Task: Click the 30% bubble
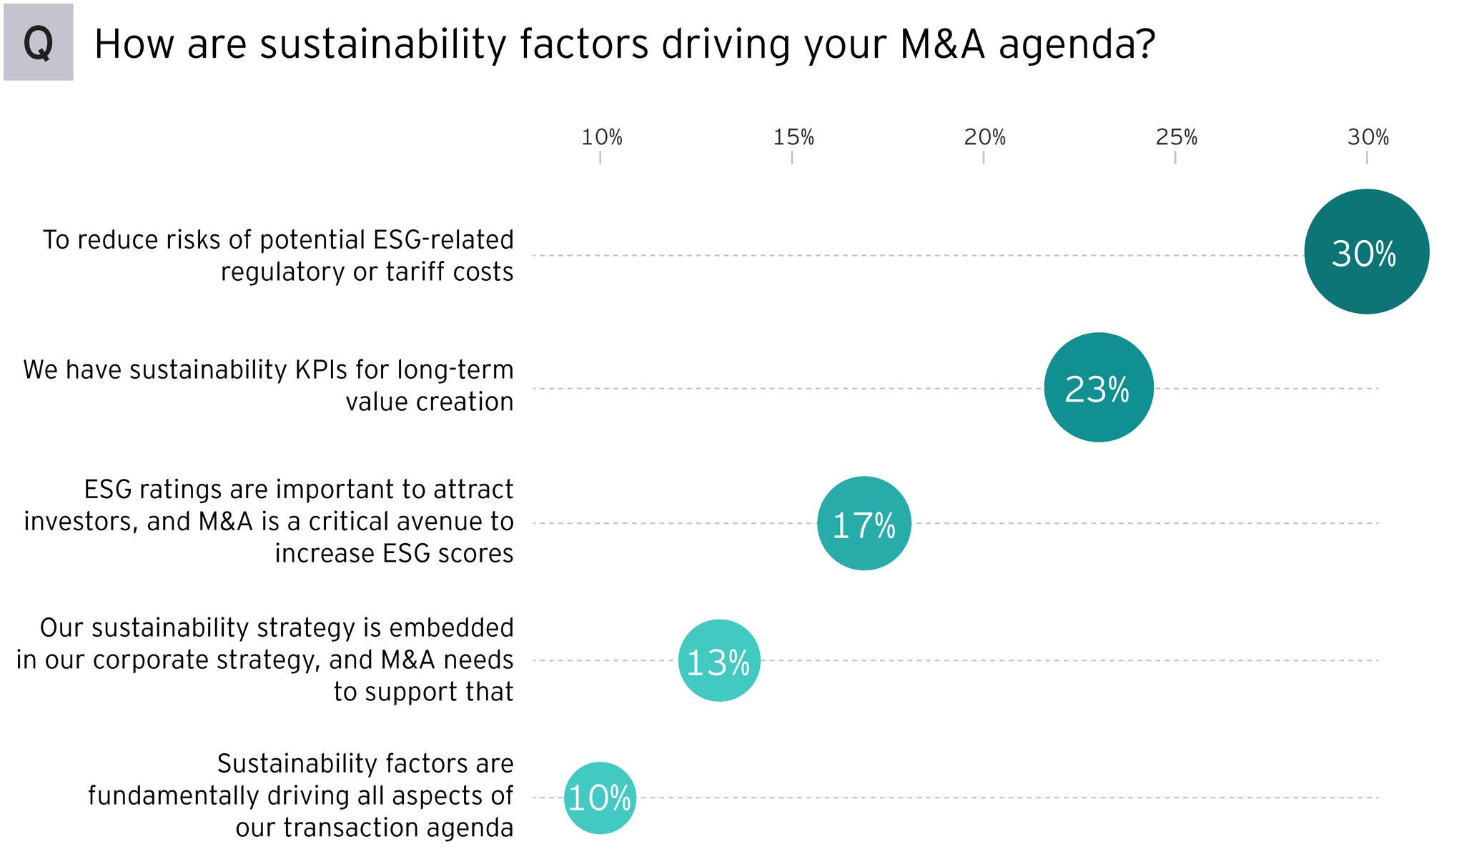tap(1366, 252)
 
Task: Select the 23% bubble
tap(1099, 387)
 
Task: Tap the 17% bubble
tap(864, 523)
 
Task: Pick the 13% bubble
tap(719, 660)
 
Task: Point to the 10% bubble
tap(600, 798)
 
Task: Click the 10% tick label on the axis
tap(601, 137)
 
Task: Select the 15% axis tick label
tap(793, 137)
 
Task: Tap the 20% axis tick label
tap(984, 137)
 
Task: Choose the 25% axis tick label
tap(1176, 137)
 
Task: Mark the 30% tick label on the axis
tap(1367, 137)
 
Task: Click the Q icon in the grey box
tap(38, 43)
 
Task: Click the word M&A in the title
tap(942, 44)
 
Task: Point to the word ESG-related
tap(443, 240)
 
